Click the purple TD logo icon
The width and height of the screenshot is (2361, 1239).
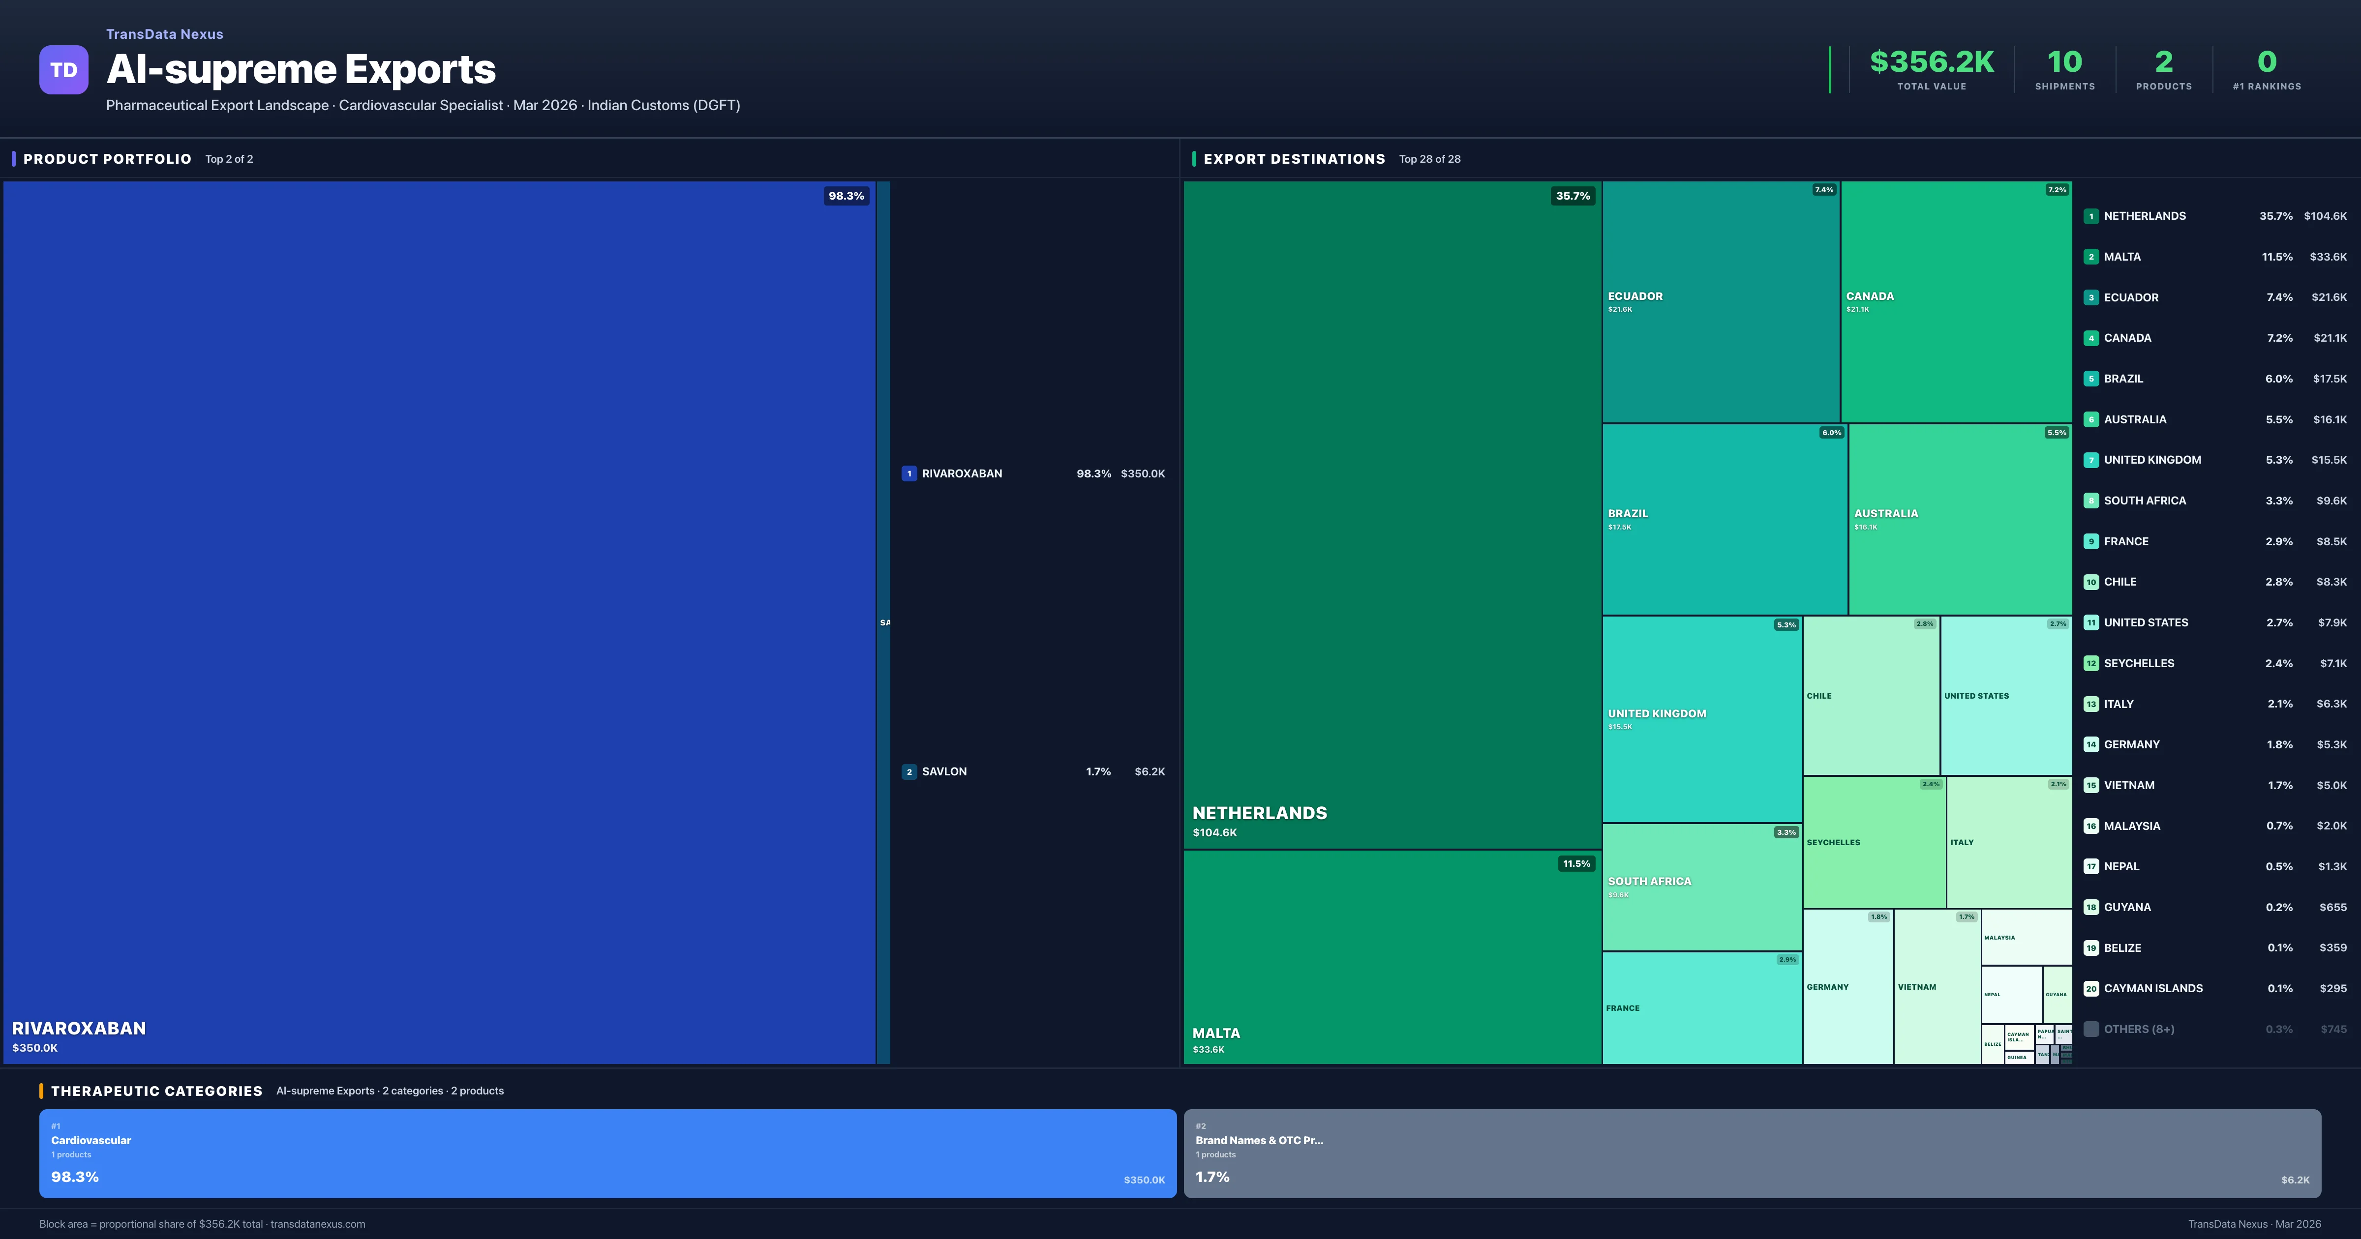click(63, 70)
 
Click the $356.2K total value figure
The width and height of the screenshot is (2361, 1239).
click(1931, 61)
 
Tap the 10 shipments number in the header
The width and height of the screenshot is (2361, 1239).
click(2064, 61)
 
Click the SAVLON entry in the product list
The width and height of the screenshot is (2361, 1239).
click(944, 771)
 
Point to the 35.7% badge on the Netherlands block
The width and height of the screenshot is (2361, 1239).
click(1572, 195)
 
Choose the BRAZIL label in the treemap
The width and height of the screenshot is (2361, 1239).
click(1628, 513)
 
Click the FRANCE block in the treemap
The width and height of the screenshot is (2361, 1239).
click(1701, 1008)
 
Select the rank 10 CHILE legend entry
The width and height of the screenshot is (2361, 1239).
click(2120, 582)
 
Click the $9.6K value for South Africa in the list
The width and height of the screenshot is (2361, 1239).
click(2331, 501)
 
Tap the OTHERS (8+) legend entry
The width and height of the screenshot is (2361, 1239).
click(2138, 1029)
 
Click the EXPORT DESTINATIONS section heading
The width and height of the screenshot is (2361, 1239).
click(1293, 158)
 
